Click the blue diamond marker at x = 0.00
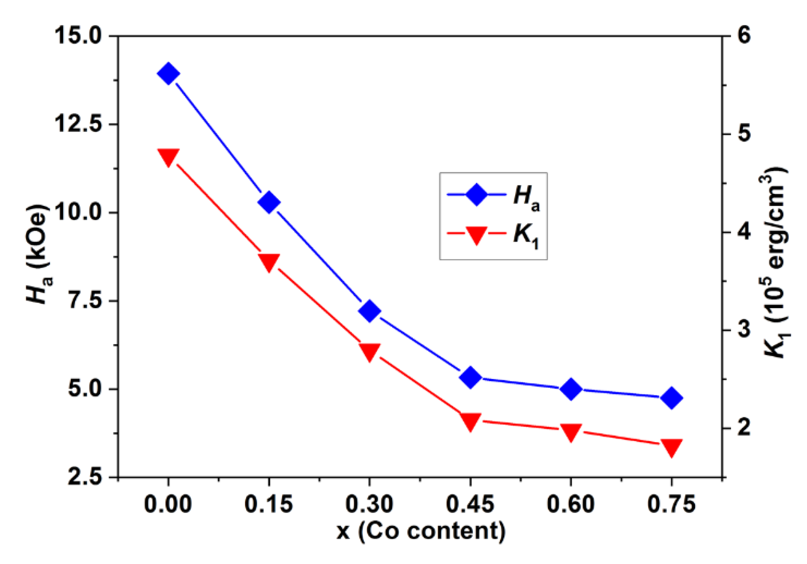168,74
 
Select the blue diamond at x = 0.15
269,203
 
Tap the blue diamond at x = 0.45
470,377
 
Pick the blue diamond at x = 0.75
672,398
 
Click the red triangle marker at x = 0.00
168,157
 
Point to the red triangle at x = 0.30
369,351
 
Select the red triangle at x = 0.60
571,432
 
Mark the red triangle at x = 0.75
672,447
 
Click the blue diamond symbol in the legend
476,195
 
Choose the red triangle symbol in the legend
476,235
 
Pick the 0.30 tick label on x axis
369,504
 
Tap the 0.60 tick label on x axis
571,504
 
